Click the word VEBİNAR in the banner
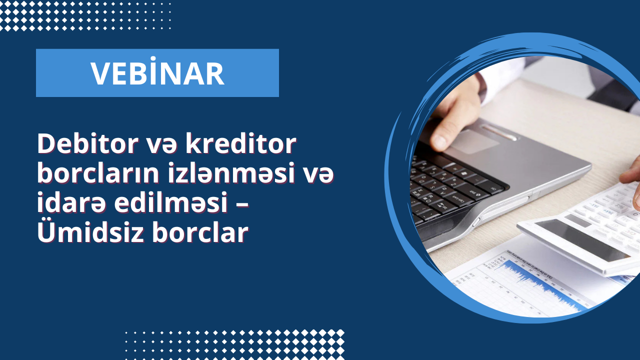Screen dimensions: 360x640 pyautogui.click(x=157, y=73)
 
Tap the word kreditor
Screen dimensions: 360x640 pyautogui.click(x=241, y=144)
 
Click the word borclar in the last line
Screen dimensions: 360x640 pyautogui.click(x=200, y=232)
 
